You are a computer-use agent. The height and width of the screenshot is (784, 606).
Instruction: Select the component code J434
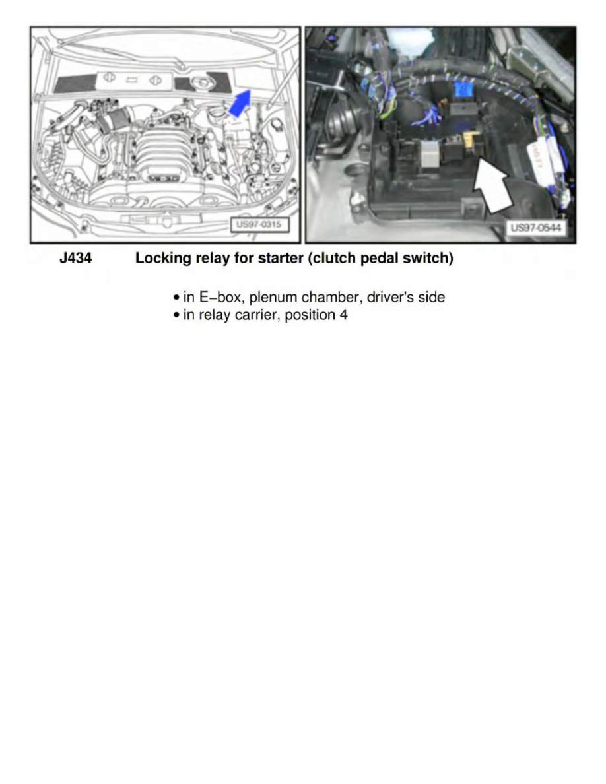[x=76, y=259]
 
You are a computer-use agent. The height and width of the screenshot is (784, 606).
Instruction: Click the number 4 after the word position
[x=343, y=315]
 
